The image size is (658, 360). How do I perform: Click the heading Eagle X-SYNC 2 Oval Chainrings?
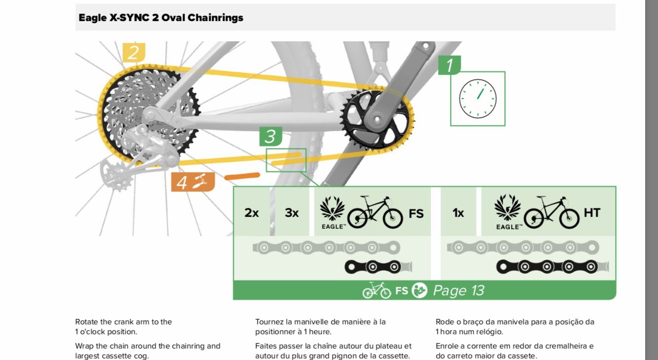(161, 18)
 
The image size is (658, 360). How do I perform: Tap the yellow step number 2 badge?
(133, 52)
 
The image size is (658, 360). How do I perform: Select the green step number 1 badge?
(449, 65)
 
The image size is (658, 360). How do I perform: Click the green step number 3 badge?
(270, 137)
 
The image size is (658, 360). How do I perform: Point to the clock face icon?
(477, 98)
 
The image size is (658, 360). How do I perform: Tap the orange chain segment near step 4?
(242, 176)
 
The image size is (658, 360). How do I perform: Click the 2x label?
(252, 213)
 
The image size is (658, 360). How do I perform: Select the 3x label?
(292, 213)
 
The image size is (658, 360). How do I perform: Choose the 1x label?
(458, 213)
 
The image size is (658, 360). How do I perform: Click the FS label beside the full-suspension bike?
(416, 213)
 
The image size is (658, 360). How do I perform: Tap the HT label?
(591, 213)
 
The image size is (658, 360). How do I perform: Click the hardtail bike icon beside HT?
(551, 213)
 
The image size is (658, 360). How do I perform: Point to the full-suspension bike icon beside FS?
(375, 213)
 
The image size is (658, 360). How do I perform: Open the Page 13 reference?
(458, 290)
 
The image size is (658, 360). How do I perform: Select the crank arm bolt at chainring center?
(377, 118)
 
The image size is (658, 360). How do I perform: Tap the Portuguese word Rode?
(444, 322)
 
